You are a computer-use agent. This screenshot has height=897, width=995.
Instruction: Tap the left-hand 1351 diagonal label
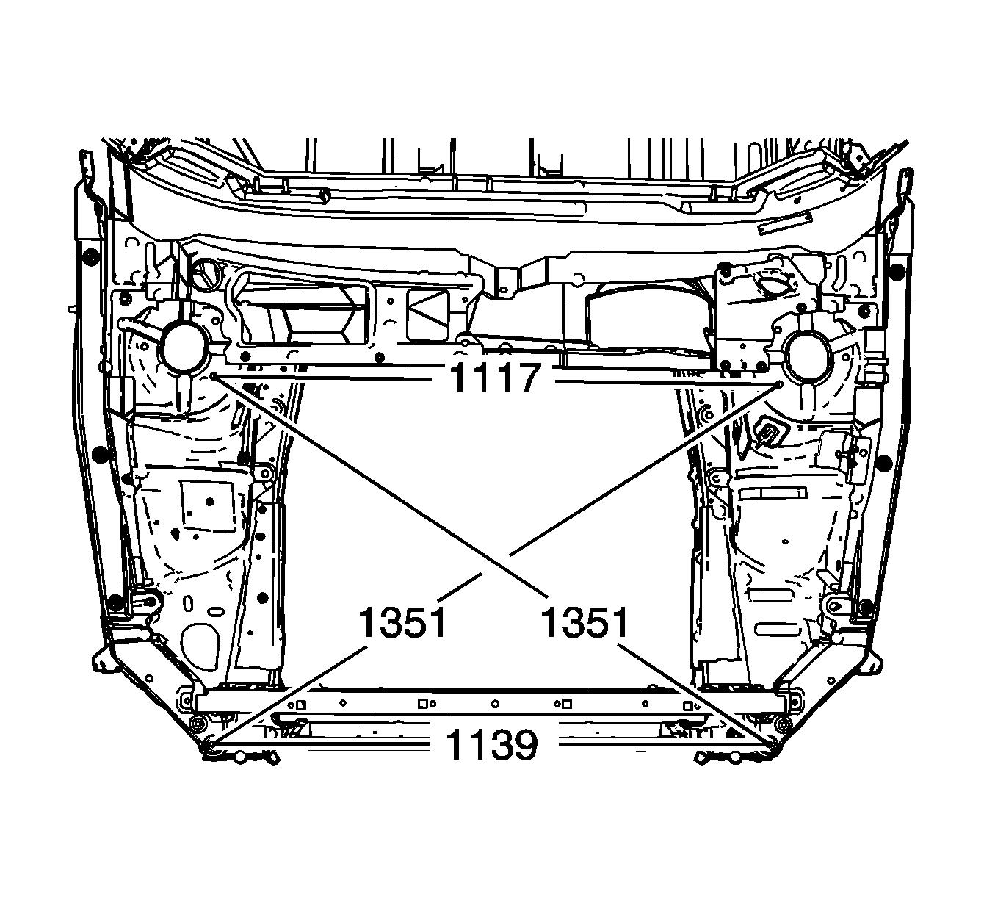click(x=402, y=622)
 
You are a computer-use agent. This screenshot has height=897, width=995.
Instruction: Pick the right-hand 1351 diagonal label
click(x=585, y=622)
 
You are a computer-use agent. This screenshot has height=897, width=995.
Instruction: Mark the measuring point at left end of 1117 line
click(x=213, y=376)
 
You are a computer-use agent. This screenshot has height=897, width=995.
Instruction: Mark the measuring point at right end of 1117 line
click(x=781, y=383)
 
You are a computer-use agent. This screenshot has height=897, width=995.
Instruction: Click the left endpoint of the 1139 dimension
click(x=209, y=744)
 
